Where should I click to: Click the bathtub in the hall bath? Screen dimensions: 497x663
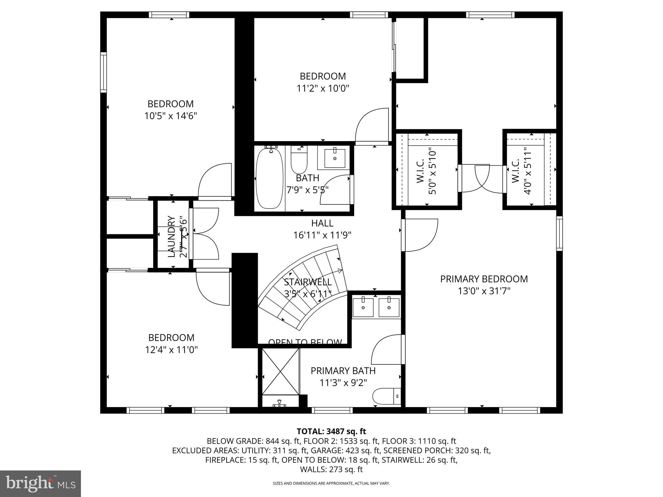269,178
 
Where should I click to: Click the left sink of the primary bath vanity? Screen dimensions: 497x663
363,307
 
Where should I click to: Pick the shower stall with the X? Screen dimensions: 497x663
280,371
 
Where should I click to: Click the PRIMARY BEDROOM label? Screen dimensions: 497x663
484,279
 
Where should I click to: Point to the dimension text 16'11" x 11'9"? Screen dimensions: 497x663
322,235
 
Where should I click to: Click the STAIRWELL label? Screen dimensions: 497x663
308,282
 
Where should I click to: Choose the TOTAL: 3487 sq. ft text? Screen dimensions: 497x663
331,431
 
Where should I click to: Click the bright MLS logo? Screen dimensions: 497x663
40,484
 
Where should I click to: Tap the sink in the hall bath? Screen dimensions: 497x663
334,158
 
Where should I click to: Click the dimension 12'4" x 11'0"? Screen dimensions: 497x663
171,350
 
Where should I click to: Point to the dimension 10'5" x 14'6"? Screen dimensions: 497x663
171,116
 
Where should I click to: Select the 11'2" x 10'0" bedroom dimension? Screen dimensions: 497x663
323,88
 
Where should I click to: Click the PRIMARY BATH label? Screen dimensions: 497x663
343,371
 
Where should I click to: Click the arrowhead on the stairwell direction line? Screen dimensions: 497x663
340,271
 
